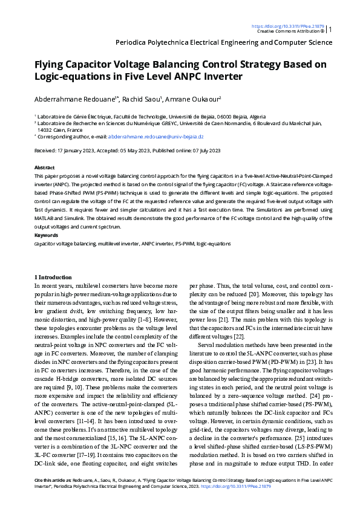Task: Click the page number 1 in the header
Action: (x=330, y=28)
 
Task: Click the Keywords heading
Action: (x=46, y=235)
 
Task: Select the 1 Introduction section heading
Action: (x=53, y=277)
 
